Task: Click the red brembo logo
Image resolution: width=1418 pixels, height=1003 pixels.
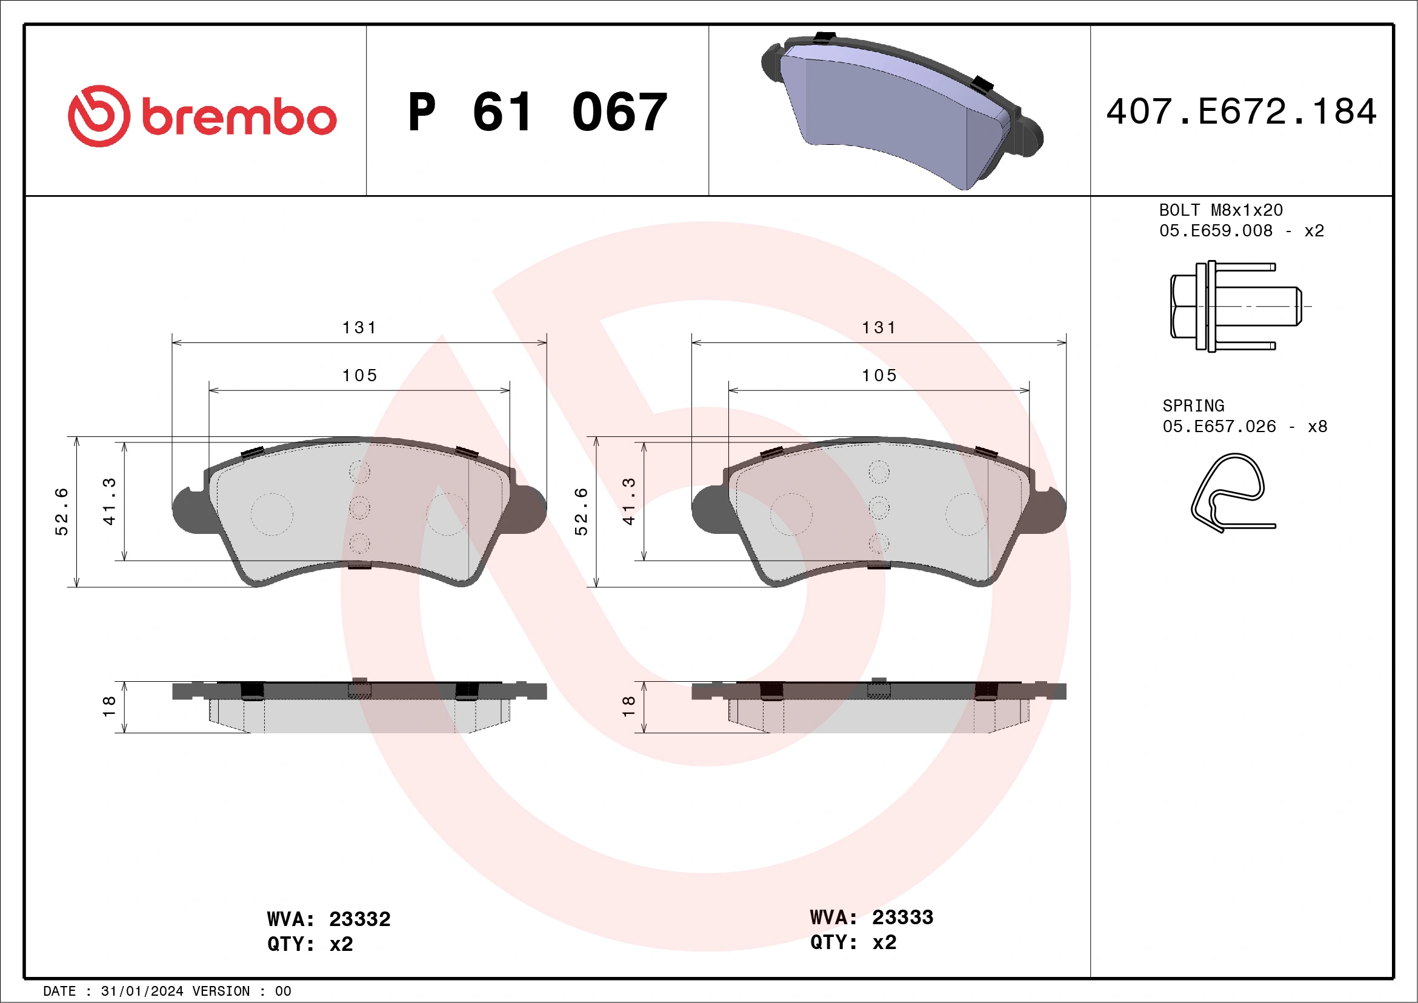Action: (x=202, y=116)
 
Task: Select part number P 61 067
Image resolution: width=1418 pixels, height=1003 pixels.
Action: (x=538, y=112)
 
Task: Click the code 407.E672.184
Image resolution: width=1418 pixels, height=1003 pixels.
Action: (x=1242, y=112)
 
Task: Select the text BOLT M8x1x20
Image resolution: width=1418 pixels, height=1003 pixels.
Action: (x=1220, y=210)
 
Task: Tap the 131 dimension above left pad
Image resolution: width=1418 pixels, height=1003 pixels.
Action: (x=359, y=327)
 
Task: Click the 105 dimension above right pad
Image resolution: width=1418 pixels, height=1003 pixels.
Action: (x=879, y=376)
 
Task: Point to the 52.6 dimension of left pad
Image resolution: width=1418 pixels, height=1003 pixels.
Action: (x=62, y=511)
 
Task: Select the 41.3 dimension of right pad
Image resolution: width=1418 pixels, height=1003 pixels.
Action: (x=629, y=501)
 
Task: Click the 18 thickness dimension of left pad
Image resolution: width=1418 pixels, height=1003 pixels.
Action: (x=109, y=707)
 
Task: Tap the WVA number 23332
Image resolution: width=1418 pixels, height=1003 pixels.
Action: (x=359, y=919)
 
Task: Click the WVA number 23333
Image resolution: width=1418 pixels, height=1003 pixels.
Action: (x=902, y=917)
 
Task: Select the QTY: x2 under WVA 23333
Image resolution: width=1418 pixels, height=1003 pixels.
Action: (x=853, y=942)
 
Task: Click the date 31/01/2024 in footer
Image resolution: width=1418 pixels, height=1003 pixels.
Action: (x=141, y=991)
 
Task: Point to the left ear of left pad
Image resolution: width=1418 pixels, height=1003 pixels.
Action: (x=188, y=510)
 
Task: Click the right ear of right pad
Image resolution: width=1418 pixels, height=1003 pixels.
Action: (x=1050, y=510)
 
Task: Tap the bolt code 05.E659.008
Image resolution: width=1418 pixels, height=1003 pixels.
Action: (x=1216, y=230)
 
